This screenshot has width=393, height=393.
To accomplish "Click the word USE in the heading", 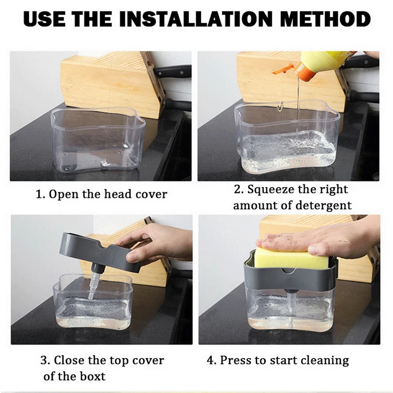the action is (44, 19).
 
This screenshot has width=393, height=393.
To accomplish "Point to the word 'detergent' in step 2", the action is (323, 206).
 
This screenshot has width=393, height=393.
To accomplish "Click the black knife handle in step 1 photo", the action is (172, 71).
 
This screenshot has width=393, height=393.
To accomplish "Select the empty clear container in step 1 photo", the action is (98, 141).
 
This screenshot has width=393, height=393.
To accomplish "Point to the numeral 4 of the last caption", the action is (210, 361).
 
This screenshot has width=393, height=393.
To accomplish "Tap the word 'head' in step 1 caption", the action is (118, 194).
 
